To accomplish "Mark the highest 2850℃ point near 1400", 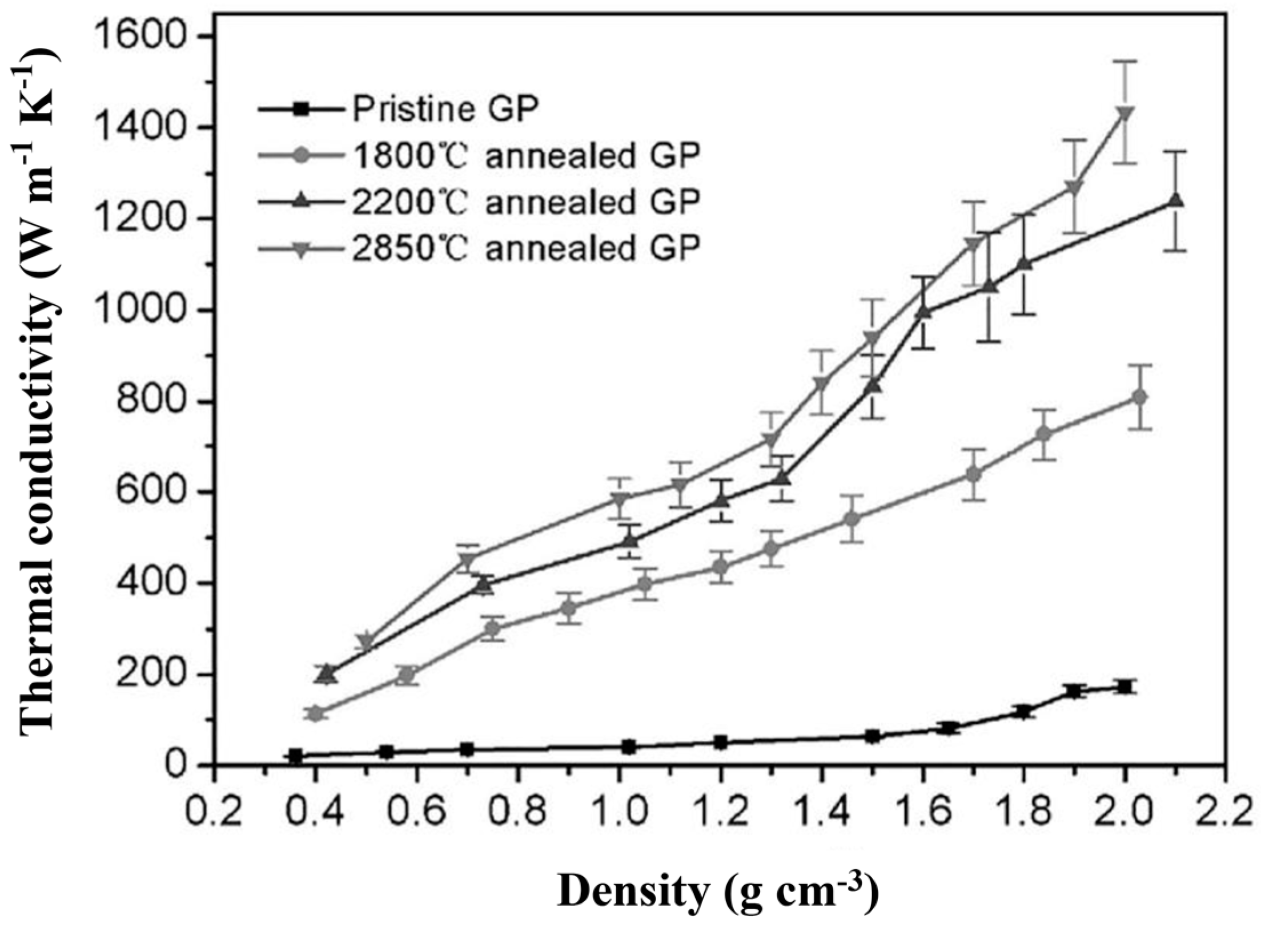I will click(x=1125, y=113).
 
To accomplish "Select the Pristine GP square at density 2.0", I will click(x=1125, y=687).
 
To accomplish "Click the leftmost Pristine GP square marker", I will click(x=295, y=756).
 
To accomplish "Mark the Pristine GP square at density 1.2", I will click(x=721, y=743).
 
